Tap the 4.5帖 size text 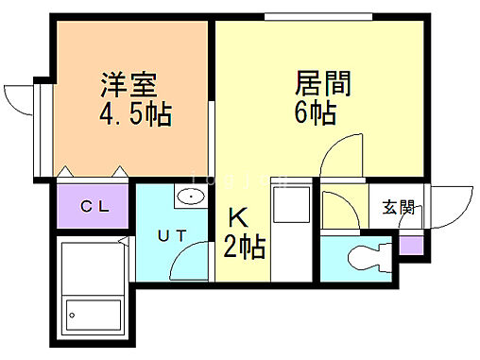(134, 115)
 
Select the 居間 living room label (322, 83)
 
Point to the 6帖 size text (315, 113)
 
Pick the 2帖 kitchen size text (244, 248)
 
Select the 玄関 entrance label (398, 207)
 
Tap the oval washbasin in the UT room (190, 197)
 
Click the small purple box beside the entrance (409, 246)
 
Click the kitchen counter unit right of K (289, 227)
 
